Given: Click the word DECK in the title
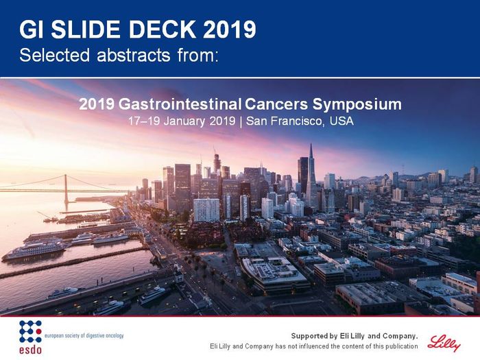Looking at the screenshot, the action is (x=162, y=29).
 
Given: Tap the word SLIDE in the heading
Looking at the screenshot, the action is (x=86, y=29).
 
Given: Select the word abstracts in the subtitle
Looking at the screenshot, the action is (x=134, y=56).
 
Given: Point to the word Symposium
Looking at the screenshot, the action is (x=357, y=105).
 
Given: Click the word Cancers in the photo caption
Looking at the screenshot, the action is (x=276, y=104).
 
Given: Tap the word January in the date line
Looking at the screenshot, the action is (x=184, y=121).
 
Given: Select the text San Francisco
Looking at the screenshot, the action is (x=284, y=121).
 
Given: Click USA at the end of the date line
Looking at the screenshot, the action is (x=341, y=121).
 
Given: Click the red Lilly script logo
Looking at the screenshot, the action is (x=444, y=344).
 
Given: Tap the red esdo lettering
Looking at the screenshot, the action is (x=30, y=350).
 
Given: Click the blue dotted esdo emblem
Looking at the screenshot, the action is (x=30, y=331).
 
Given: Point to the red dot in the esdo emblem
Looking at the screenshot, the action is (x=39, y=331).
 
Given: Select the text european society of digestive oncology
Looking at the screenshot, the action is (x=84, y=335).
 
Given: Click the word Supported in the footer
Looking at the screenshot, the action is (x=310, y=336).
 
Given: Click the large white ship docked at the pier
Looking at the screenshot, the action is (x=34, y=250).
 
